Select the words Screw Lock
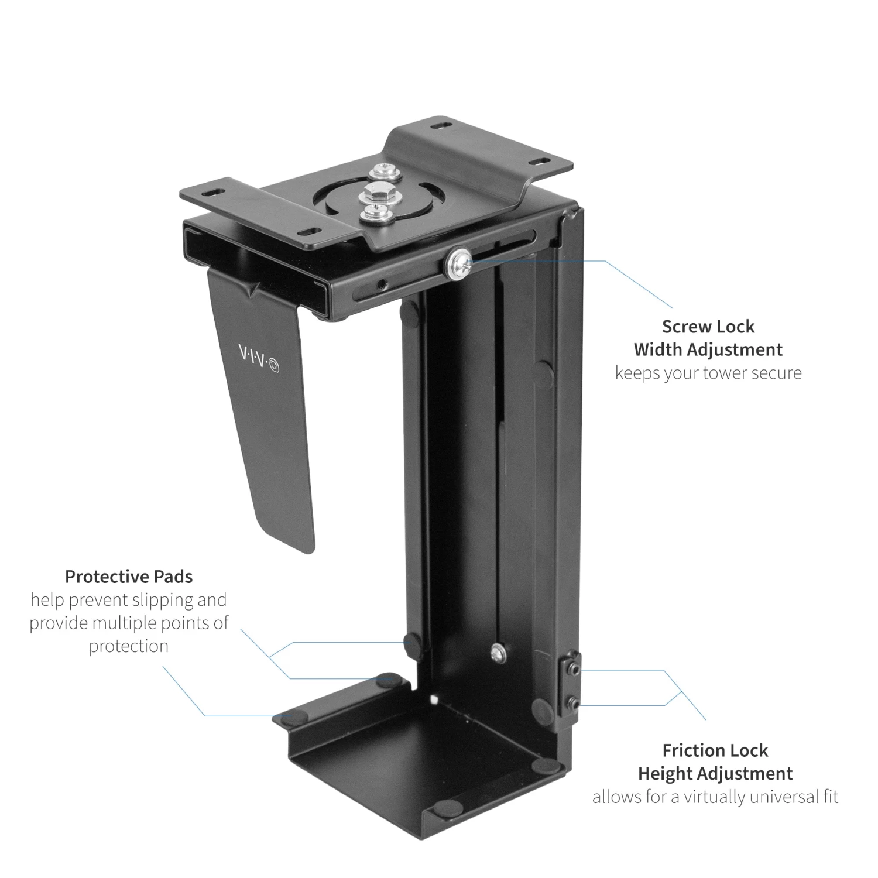tap(708, 326)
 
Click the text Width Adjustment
tap(708, 349)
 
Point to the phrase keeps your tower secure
tap(708, 373)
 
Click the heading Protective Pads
tap(129, 577)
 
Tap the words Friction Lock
tap(715, 750)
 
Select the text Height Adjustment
tap(715, 773)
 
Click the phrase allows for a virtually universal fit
tap(715, 797)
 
